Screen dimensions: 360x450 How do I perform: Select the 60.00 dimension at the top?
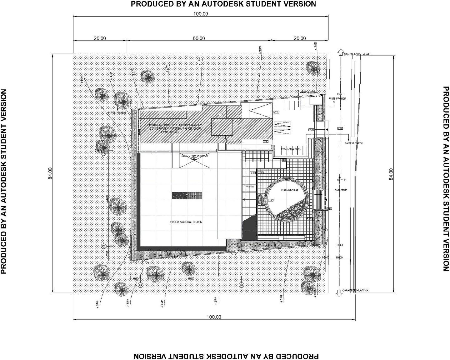[199, 38]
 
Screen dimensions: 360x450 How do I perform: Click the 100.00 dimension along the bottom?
[214, 317]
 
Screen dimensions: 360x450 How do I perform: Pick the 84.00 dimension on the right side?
[391, 174]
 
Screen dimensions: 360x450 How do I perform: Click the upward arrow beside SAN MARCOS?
[339, 52]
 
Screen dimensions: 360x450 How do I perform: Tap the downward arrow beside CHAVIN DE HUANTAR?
[338, 293]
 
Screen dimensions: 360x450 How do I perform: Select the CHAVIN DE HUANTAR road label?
[355, 290]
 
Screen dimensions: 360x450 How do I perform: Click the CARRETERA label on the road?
[341, 190]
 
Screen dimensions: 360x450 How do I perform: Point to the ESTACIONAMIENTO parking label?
[291, 149]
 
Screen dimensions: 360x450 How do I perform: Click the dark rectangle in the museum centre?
[187, 196]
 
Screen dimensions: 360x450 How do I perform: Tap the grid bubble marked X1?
[141, 285]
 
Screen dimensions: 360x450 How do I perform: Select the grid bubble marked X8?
[241, 285]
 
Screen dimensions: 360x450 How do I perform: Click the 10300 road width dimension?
[339, 257]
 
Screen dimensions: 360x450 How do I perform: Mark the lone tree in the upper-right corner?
[313, 67]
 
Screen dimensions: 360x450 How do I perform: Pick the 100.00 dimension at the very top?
[201, 14]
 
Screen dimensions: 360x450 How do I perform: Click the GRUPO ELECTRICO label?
[309, 93]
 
